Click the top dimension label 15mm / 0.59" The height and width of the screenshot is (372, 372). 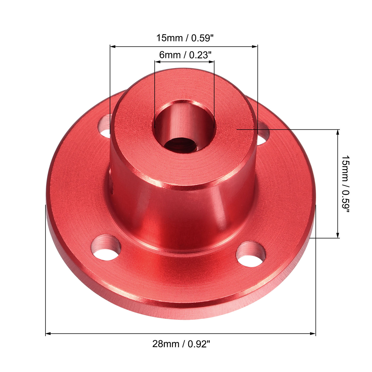[185, 38]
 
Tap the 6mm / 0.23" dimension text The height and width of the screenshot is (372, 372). [185, 55]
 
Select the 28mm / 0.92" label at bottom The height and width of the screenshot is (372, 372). [181, 344]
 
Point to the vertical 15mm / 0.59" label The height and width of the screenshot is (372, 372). [345, 184]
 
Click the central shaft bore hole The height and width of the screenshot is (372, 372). [184, 125]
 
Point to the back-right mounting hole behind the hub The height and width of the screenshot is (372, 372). [263, 134]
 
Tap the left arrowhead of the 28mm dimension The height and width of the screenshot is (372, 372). [48, 333]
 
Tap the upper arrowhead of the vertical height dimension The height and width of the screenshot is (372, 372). [338, 132]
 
